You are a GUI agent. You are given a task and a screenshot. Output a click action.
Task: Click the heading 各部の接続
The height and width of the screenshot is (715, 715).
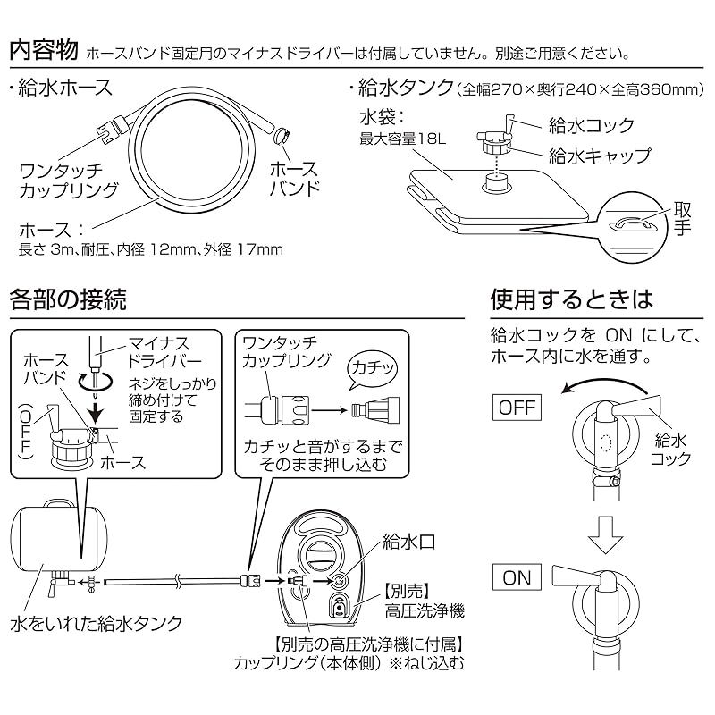point(66,299)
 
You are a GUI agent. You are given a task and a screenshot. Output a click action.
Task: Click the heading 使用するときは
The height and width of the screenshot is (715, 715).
point(572,299)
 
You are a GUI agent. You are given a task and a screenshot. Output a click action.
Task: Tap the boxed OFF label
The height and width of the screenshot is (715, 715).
point(517,409)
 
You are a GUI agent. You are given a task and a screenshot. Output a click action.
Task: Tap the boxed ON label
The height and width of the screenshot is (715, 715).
point(517,577)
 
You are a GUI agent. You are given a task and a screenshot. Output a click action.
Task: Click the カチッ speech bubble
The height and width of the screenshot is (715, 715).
point(368,366)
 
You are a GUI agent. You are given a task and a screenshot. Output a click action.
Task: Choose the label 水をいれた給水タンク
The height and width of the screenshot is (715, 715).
point(97,622)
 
